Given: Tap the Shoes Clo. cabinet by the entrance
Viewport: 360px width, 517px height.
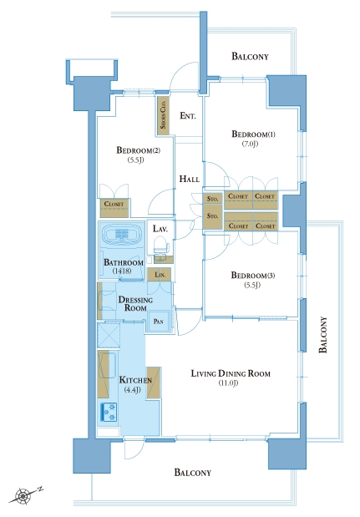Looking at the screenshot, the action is click(x=163, y=115).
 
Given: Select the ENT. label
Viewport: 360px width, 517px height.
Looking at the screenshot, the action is click(x=188, y=116).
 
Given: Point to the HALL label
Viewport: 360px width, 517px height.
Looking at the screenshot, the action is click(x=190, y=179).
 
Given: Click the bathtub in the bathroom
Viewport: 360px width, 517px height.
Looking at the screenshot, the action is click(x=122, y=235).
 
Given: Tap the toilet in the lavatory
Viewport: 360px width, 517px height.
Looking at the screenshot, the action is click(x=161, y=245).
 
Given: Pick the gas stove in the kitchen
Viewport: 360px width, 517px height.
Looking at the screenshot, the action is click(x=109, y=412).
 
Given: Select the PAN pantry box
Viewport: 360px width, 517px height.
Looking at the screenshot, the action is click(x=159, y=322).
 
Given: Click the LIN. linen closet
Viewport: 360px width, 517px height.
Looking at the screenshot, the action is click(x=159, y=275).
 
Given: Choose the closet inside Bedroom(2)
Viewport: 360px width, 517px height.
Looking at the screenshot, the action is click(x=114, y=208).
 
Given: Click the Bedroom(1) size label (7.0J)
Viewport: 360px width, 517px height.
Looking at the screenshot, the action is click(x=251, y=144).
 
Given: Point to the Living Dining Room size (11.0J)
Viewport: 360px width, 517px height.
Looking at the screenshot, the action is click(x=228, y=383).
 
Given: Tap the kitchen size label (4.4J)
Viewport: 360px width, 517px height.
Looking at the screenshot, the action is click(x=133, y=390).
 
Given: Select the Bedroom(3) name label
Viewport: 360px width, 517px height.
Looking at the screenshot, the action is click(x=253, y=275).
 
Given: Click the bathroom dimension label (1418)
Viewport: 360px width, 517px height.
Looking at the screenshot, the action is click(x=122, y=271).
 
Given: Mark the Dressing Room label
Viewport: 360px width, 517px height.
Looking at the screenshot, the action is click(x=135, y=304).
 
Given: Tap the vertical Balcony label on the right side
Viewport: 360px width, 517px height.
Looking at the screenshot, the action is click(x=323, y=335).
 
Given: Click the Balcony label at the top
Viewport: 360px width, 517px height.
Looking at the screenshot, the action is click(x=250, y=57).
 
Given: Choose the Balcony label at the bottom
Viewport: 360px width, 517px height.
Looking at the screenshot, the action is click(x=192, y=473).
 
